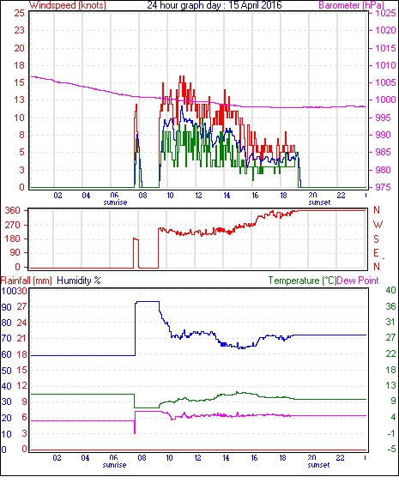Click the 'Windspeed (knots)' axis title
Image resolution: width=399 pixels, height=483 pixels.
(x=68, y=5)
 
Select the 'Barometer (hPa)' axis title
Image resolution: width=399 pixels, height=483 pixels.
(x=352, y=5)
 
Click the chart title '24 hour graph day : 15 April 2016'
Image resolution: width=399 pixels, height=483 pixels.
(x=215, y=5)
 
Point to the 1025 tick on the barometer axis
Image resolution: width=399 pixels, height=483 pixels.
(x=385, y=13)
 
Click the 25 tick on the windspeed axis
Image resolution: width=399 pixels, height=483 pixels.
(x=19, y=13)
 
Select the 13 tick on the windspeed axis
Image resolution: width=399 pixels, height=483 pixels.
(x=19, y=100)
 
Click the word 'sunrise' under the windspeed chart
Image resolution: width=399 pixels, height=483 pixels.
(x=115, y=202)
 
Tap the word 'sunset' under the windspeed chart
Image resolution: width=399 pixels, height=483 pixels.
(x=319, y=202)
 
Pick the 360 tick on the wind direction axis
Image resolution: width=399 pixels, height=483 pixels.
(x=12, y=211)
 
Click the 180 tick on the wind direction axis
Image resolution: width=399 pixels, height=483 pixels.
(x=12, y=238)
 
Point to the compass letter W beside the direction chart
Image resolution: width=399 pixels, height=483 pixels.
(x=378, y=225)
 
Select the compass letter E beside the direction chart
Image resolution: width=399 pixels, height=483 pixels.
(x=376, y=253)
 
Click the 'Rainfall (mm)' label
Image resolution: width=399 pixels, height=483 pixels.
(x=27, y=281)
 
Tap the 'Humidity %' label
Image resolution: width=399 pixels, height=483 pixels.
(x=79, y=281)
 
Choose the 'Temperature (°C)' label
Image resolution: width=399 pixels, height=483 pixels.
(x=302, y=281)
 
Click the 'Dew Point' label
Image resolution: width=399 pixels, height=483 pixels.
(x=358, y=281)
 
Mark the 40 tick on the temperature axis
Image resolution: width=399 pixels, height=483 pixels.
(x=390, y=290)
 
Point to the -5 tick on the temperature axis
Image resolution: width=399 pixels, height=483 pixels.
(x=390, y=450)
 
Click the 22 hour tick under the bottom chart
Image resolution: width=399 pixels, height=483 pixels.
(x=340, y=458)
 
